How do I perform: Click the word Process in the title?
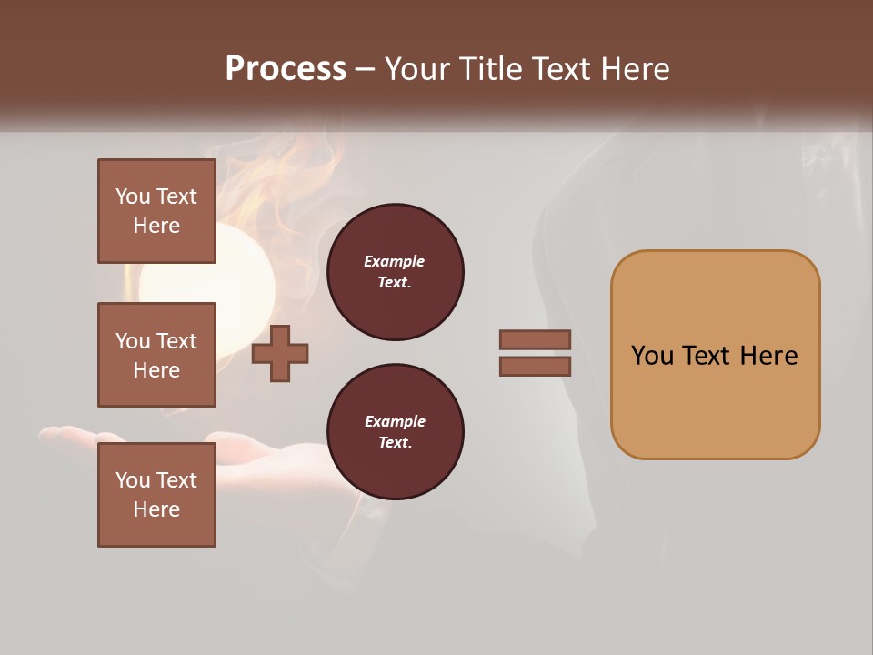click(x=286, y=69)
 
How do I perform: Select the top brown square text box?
click(x=156, y=211)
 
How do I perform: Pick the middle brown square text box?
click(x=156, y=355)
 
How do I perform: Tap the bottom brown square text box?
click(x=156, y=494)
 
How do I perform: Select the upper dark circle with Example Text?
click(x=395, y=272)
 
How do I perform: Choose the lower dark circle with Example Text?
click(x=395, y=432)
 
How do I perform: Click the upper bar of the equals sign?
click(x=535, y=339)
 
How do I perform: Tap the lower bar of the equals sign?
click(x=535, y=367)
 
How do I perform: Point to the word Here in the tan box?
click(x=768, y=356)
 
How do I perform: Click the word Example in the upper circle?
click(x=395, y=261)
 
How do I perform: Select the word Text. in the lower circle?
click(x=395, y=443)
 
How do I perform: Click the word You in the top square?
click(x=133, y=196)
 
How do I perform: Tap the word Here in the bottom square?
click(x=156, y=509)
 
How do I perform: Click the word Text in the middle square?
click(x=176, y=341)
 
